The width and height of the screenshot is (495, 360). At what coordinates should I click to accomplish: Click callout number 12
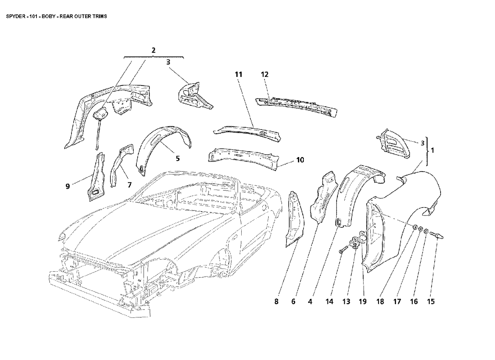(264, 74)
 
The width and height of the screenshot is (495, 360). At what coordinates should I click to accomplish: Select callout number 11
(238, 74)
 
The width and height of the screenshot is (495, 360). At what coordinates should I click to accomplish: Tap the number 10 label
(300, 160)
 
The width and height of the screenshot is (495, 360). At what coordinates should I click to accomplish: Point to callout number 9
(67, 186)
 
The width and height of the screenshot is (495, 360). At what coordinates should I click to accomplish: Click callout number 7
(129, 185)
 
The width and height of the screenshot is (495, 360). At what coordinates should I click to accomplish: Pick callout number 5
(178, 158)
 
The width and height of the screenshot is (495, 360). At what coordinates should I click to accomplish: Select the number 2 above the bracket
(153, 50)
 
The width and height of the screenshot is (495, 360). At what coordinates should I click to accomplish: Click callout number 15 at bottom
(431, 302)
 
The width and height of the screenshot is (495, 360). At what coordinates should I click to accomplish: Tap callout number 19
(362, 302)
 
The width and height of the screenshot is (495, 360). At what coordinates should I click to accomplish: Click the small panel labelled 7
(121, 164)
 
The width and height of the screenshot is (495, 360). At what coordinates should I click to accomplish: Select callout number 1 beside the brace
(432, 151)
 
